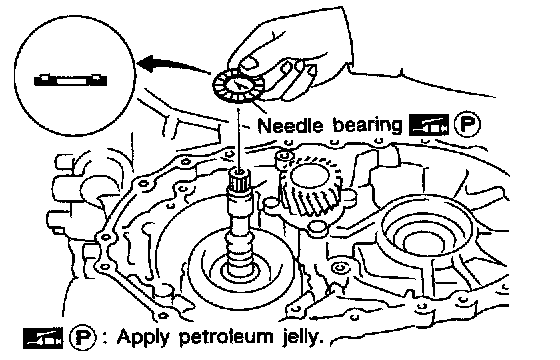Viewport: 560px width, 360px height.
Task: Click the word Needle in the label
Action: pyautogui.click(x=290, y=126)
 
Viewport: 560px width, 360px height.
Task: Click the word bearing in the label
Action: pyautogui.click(x=367, y=126)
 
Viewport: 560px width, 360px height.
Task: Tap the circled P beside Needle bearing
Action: pyautogui.click(x=467, y=125)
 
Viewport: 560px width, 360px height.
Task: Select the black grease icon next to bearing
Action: pyautogui.click(x=429, y=125)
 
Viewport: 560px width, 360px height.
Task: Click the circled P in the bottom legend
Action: pyautogui.click(x=82, y=337)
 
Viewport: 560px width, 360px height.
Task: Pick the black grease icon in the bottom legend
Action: pyautogui.click(x=42, y=338)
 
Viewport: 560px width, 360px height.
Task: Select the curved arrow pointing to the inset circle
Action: pyautogui.click(x=175, y=65)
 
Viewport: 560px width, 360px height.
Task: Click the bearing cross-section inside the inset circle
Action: pyautogui.click(x=70, y=80)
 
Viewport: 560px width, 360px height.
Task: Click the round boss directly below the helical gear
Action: pyautogui.click(x=317, y=228)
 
